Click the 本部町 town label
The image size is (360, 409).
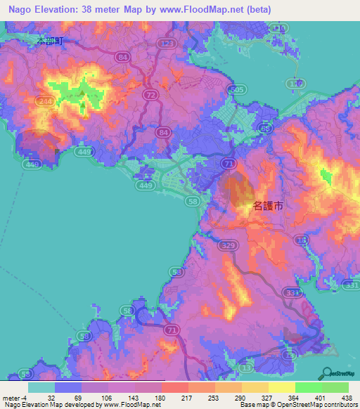coord(50,41)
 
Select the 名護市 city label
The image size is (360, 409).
coord(268,207)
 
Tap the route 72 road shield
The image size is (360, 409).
coord(149,93)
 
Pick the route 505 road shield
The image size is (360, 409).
coord(238,91)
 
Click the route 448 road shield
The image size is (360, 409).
coord(31,164)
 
